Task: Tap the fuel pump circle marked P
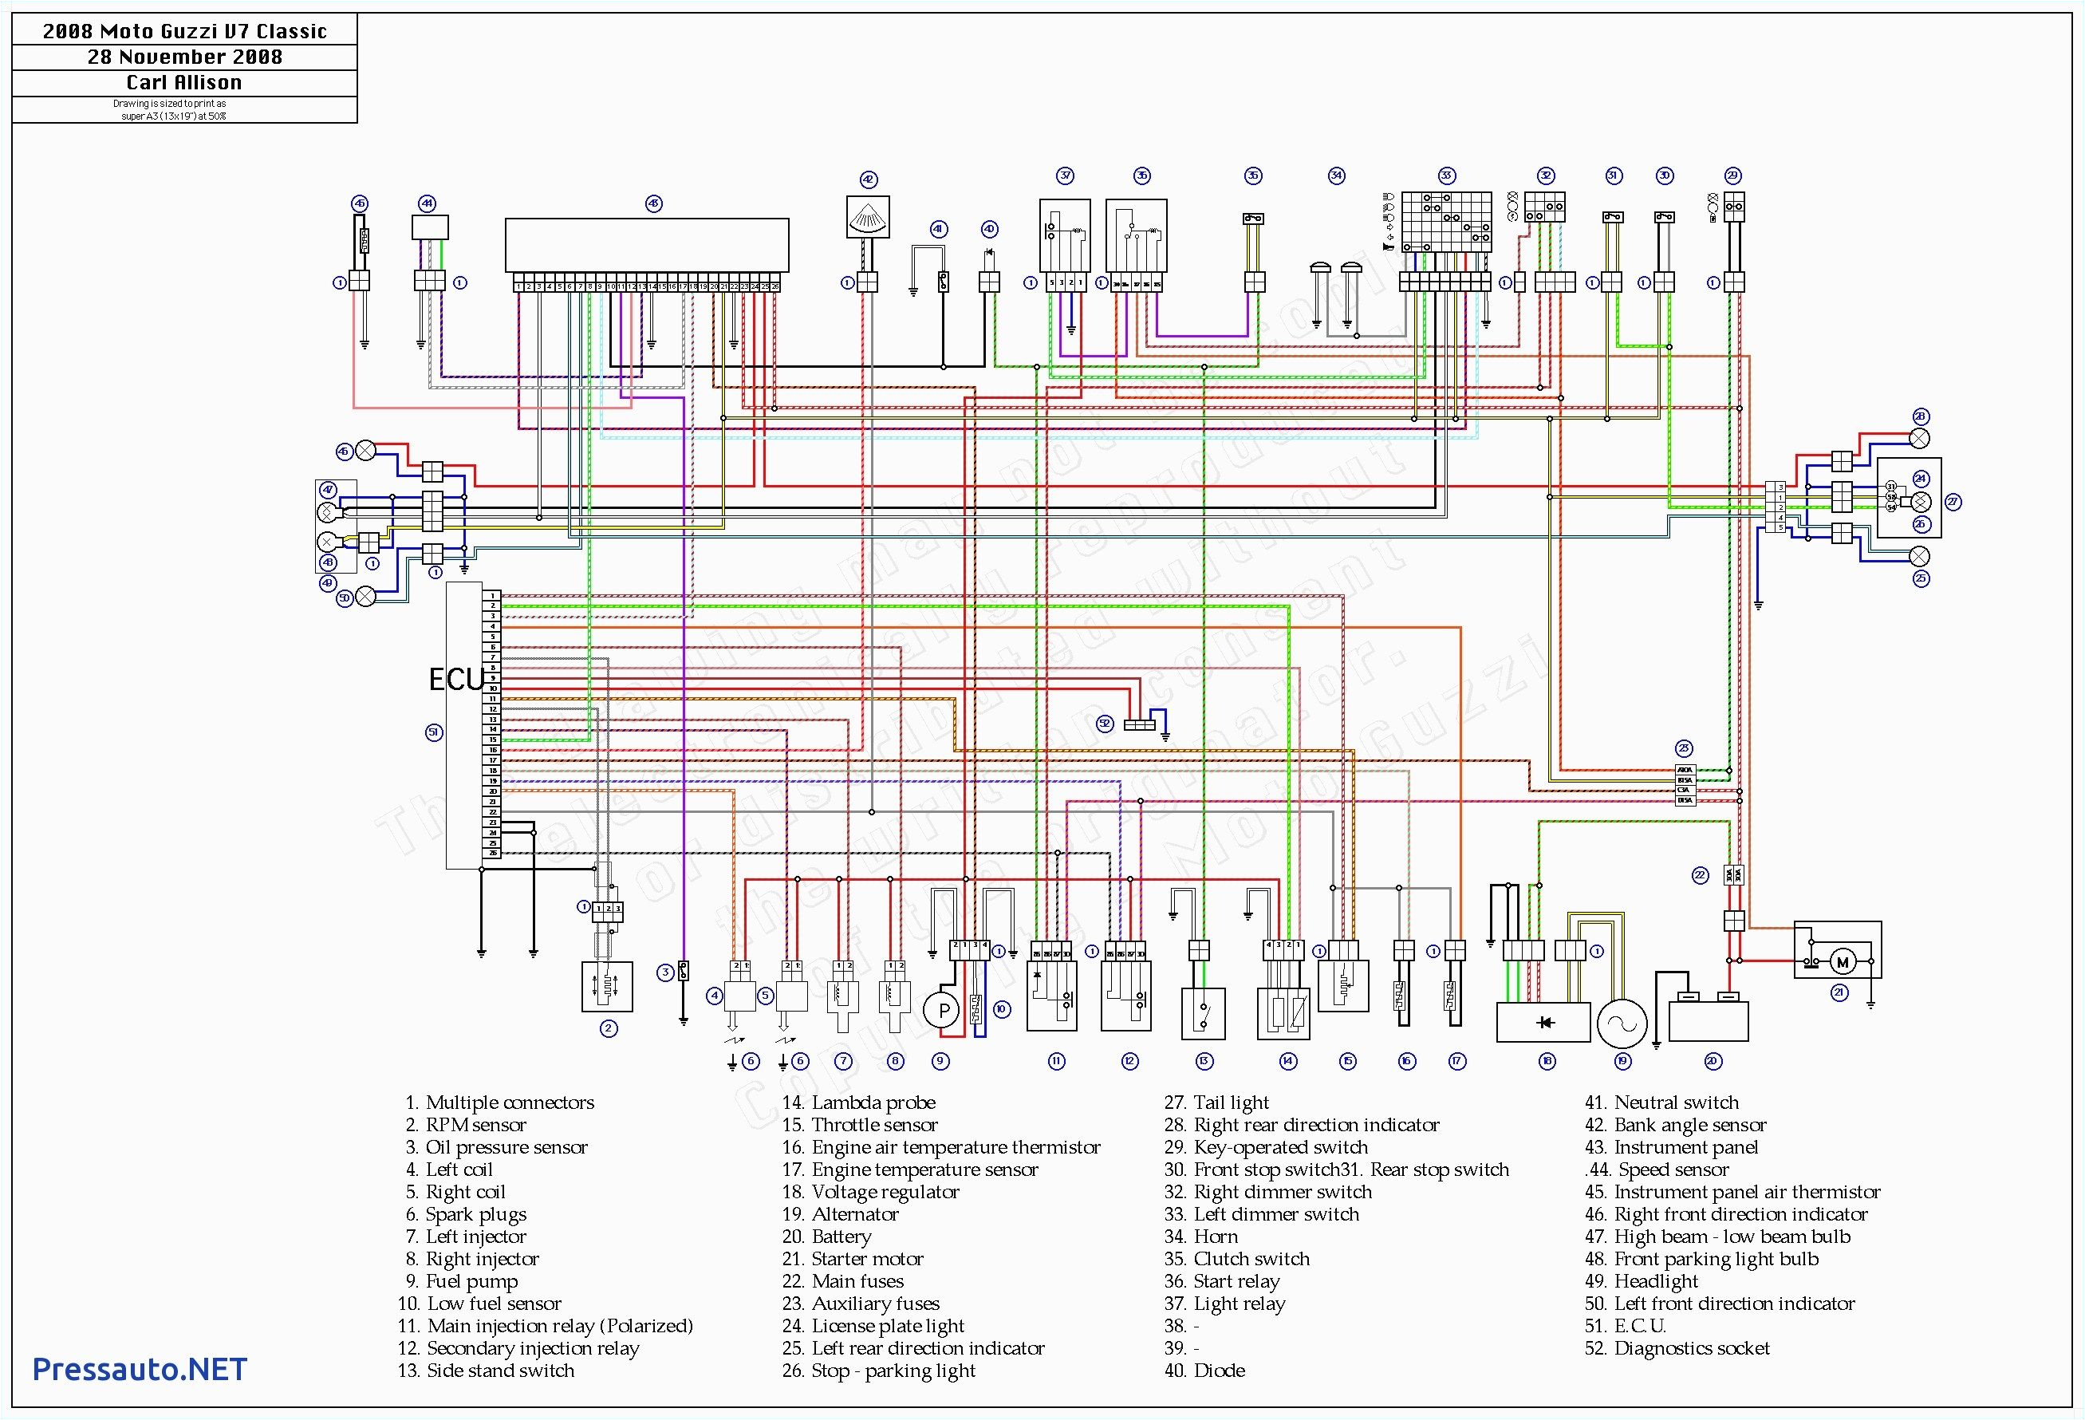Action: tap(943, 1011)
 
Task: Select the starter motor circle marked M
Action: tap(1842, 963)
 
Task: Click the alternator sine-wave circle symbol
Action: tap(1622, 1024)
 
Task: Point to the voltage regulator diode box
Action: tap(1543, 1023)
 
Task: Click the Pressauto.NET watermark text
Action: tap(139, 1369)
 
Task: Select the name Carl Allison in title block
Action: tap(184, 82)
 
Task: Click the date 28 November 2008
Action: tap(184, 57)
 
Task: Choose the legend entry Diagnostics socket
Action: tap(1677, 1348)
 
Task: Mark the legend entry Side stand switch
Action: tap(487, 1371)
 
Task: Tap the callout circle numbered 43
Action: tap(653, 204)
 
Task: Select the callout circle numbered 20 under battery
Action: tap(1712, 1061)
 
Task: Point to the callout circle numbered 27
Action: tap(1953, 503)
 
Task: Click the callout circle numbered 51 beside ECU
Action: tap(433, 733)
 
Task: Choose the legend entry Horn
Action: tap(1201, 1236)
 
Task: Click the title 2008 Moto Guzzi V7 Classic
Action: tap(184, 31)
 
